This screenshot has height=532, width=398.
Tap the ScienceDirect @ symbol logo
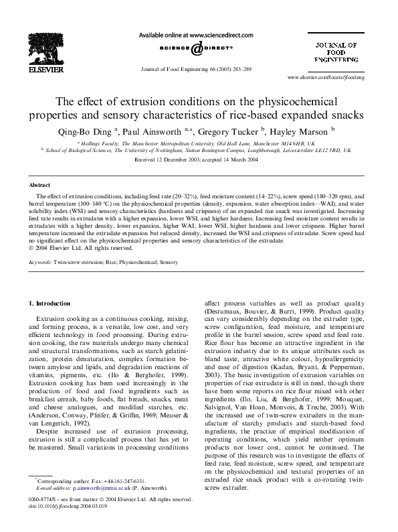click(x=199, y=49)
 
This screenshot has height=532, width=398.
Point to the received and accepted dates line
click(x=199, y=161)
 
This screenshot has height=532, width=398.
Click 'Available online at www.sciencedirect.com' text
click(x=198, y=34)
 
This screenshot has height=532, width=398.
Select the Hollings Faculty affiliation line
click(x=199, y=143)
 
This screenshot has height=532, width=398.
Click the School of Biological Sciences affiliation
click(x=199, y=151)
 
